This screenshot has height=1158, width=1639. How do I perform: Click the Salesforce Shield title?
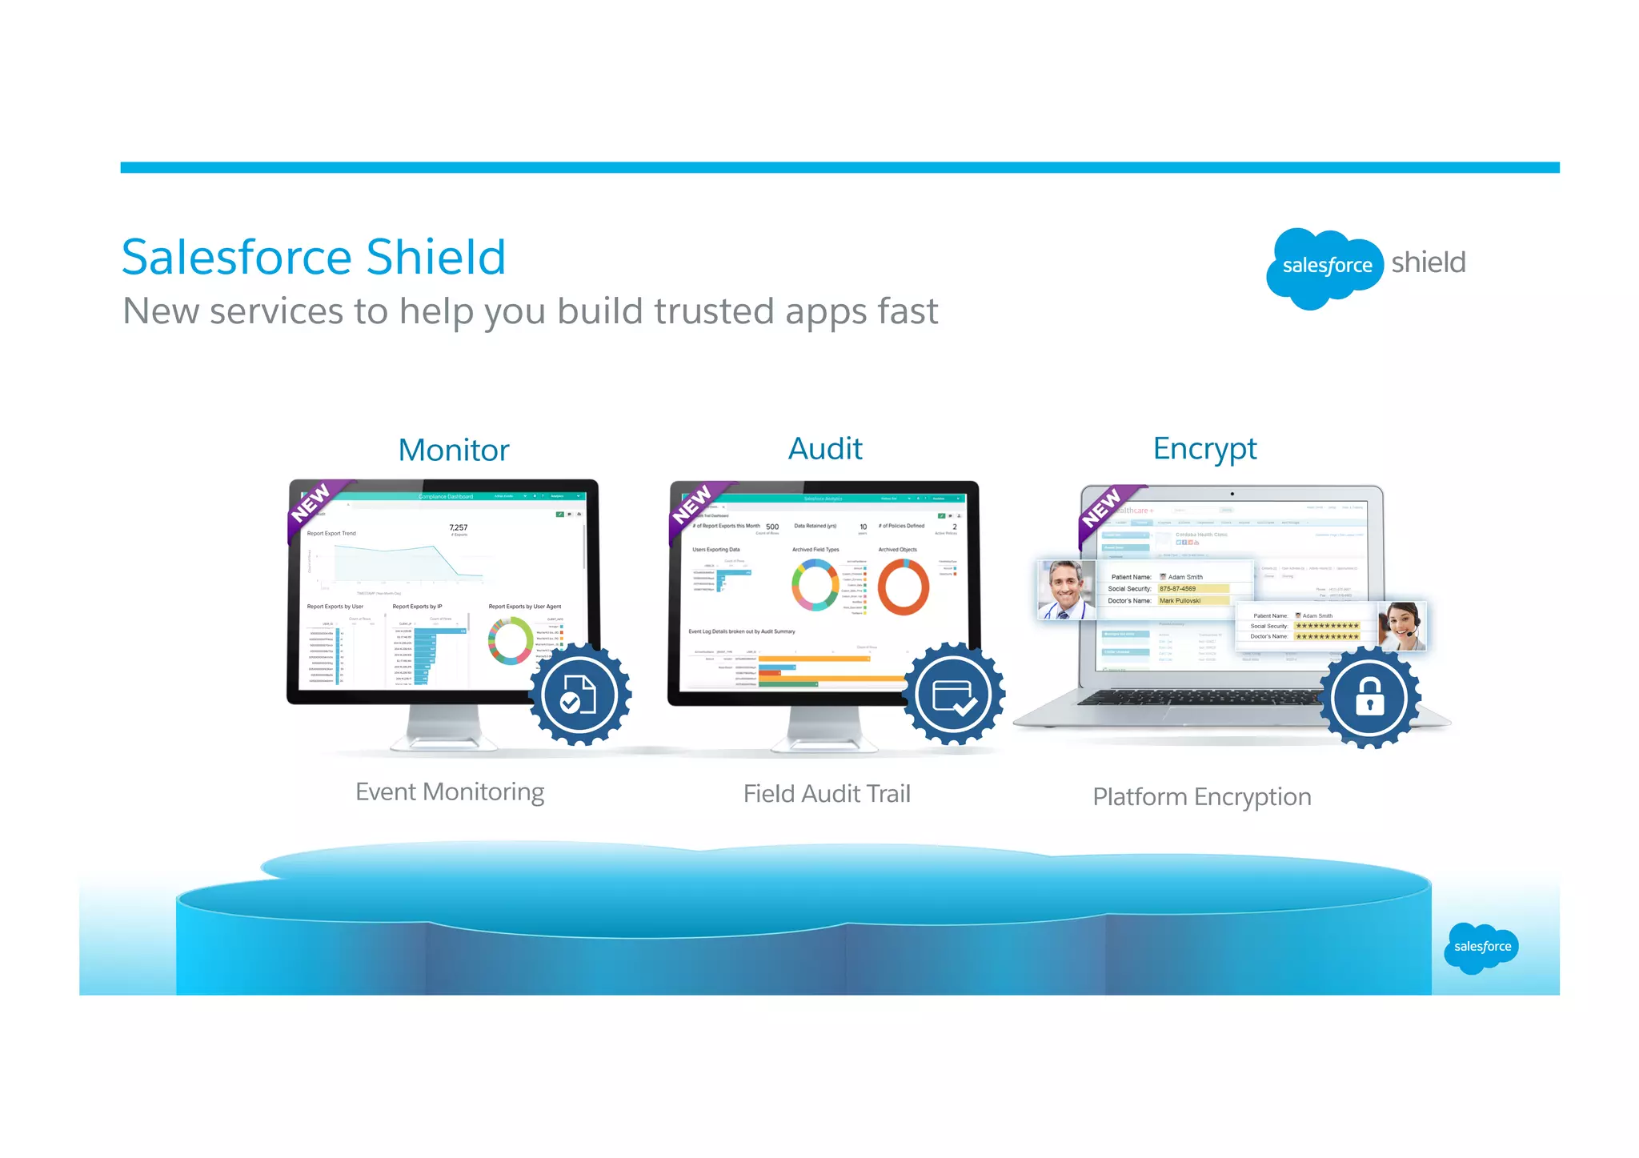coord(313,257)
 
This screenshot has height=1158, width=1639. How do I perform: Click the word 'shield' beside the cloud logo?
coord(1428,262)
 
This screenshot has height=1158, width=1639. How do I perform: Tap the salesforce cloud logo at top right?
coord(1325,267)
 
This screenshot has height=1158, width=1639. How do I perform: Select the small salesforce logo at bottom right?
coord(1481,947)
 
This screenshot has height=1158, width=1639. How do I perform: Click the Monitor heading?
coord(454,451)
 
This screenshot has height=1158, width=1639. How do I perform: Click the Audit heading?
coord(825,449)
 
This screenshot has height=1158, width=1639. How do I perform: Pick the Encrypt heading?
coord(1204,449)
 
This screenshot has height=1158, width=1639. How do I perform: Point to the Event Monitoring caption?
coord(450,791)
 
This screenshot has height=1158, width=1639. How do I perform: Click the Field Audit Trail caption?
coord(827,794)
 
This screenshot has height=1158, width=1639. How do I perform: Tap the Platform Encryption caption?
coord(1201,797)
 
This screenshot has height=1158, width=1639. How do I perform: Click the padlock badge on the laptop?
coord(1369,697)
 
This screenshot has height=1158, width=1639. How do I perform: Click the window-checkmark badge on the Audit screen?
coord(952,694)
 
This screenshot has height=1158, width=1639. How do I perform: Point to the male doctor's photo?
coord(1065,590)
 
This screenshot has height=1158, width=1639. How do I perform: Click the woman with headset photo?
coord(1402,626)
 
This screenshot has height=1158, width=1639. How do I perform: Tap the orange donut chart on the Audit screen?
coord(903,587)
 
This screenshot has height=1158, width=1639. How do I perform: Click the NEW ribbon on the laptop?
coord(1104,509)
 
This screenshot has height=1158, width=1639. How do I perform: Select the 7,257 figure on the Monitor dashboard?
coord(459,527)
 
